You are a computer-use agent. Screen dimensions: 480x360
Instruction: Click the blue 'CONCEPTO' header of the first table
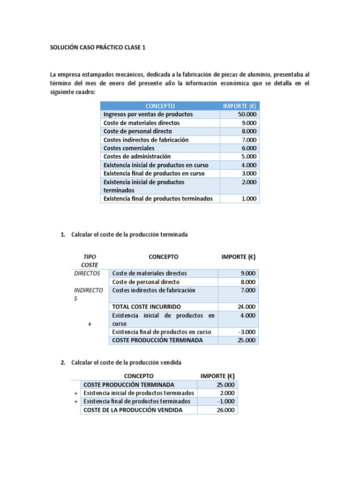click(x=160, y=106)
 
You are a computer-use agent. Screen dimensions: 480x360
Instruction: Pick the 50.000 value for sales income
click(x=247, y=114)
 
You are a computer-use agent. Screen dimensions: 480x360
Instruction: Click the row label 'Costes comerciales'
click(x=129, y=148)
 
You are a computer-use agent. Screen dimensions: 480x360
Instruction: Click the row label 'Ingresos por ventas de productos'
click(x=148, y=114)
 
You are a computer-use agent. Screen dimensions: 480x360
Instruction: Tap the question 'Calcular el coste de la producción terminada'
click(x=129, y=234)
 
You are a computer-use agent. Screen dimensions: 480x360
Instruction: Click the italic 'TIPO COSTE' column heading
click(x=89, y=261)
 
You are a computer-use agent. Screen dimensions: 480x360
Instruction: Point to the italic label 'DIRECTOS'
click(x=87, y=273)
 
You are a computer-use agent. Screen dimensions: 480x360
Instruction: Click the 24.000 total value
click(x=247, y=307)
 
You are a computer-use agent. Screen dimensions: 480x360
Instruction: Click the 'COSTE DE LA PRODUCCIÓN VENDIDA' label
click(x=133, y=410)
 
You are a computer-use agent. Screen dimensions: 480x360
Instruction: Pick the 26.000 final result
click(x=226, y=410)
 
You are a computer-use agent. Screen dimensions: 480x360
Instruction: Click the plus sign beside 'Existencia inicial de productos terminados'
click(x=75, y=393)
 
